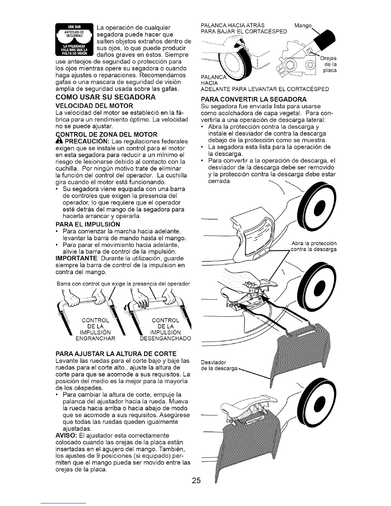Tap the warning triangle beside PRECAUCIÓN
point(59,141)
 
